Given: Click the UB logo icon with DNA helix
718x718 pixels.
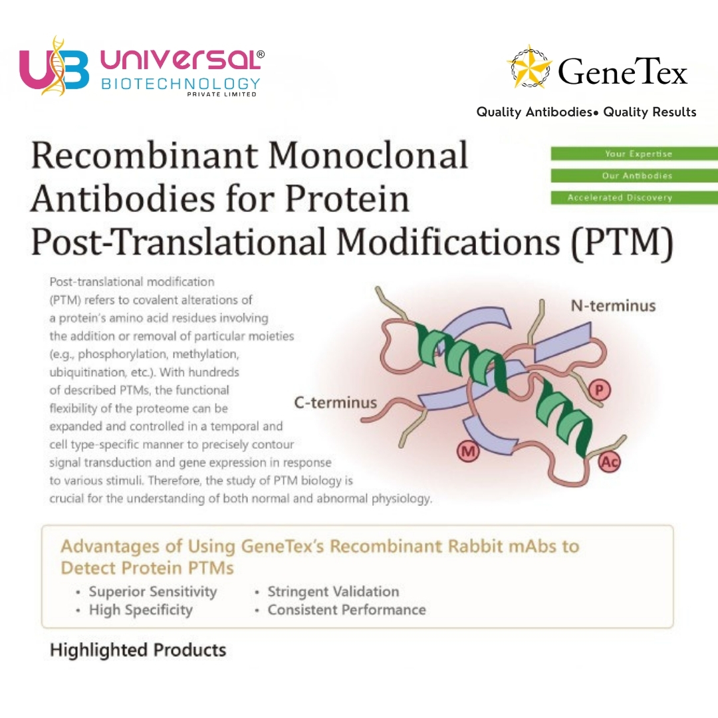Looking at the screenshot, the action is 54,66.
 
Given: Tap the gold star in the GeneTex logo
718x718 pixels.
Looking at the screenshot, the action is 530,66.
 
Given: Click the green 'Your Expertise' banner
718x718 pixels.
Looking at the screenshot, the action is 634,154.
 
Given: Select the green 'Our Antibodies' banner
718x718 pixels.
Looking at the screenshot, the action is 634,176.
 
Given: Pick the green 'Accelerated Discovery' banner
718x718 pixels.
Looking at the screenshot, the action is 634,197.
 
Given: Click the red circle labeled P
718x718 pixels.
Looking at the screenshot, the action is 599,391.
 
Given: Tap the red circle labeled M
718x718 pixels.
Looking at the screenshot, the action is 468,452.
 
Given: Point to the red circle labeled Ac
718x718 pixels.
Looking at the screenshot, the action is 610,462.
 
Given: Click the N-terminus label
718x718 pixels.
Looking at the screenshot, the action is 613,306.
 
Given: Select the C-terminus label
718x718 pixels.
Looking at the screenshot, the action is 335,402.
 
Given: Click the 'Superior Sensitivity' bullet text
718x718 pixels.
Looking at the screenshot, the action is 152,592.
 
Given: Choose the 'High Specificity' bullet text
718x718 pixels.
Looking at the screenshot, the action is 140,610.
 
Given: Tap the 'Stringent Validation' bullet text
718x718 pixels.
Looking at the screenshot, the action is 333,592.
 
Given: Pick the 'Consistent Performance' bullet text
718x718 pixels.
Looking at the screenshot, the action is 346,610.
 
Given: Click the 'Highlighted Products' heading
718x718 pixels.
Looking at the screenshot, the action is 138,650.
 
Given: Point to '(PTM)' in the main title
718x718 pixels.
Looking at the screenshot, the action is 622,243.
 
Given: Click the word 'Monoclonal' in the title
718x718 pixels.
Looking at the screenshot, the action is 368,155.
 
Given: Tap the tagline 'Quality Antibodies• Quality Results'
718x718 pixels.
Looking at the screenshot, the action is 586,112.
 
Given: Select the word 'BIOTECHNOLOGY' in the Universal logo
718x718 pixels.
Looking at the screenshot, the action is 180,84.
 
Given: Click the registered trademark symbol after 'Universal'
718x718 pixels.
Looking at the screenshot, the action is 261,54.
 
